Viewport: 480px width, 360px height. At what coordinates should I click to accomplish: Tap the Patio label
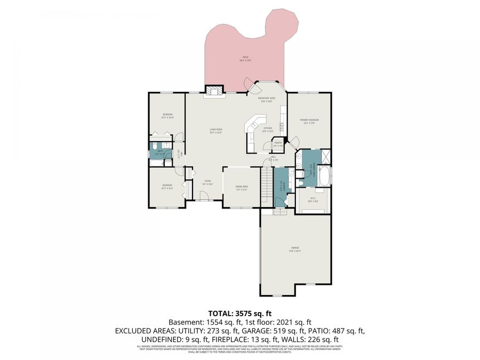click(x=245, y=59)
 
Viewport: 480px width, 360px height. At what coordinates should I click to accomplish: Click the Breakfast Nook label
click(x=266, y=100)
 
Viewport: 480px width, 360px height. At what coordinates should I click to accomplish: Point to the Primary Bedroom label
click(x=309, y=122)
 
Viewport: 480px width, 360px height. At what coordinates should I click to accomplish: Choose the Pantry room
click(x=278, y=143)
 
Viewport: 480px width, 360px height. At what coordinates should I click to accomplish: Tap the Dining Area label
click(x=242, y=188)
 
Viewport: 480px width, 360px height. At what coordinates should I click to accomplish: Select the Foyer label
click(x=208, y=182)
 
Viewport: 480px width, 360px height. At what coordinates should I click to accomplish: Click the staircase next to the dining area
click(x=266, y=184)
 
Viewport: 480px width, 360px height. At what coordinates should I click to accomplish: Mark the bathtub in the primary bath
click(x=323, y=173)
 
